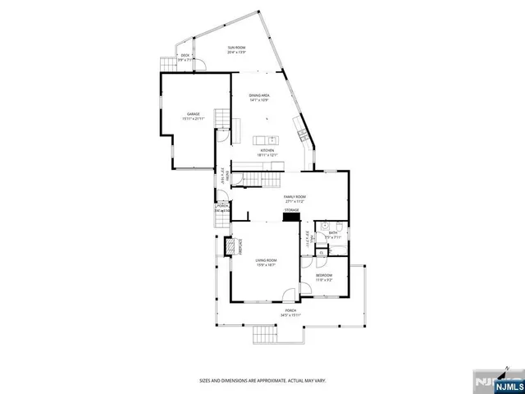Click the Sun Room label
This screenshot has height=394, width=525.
(236, 51)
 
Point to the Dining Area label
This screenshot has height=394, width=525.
(260, 97)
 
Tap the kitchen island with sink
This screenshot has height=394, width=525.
(266, 140)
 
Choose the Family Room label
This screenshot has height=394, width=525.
(294, 198)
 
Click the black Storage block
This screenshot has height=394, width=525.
(292, 220)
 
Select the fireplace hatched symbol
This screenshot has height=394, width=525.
(231, 246)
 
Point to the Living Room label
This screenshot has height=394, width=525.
(265, 263)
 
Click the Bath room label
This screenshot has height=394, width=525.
(333, 235)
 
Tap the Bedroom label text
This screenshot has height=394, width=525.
(325, 277)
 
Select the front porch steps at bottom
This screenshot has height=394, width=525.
(265, 334)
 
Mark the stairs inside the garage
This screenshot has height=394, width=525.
(221, 118)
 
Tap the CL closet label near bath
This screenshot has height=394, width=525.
(307, 236)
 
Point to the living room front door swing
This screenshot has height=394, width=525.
(286, 296)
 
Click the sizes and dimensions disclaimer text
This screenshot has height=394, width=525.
(262, 380)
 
